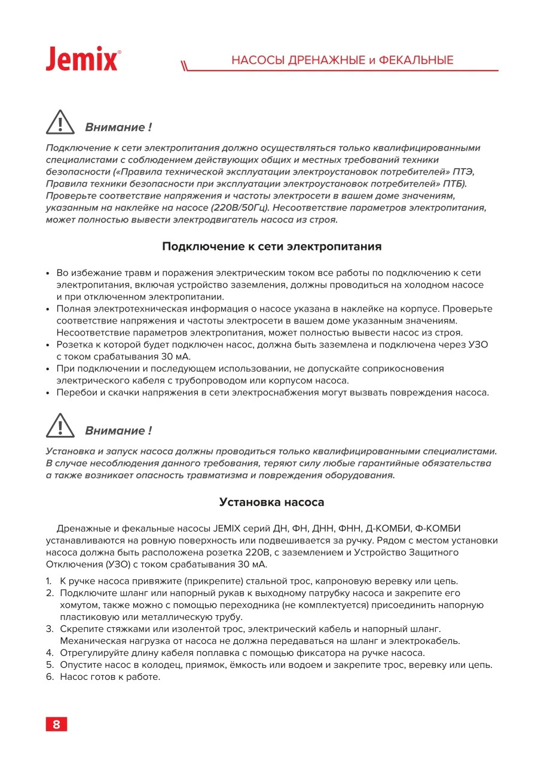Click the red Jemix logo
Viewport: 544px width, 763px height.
click(82, 59)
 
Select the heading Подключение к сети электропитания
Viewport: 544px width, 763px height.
click(272, 246)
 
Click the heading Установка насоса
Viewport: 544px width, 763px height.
click(272, 502)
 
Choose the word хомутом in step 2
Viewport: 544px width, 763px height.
click(78, 605)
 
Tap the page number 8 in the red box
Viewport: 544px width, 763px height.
click(57, 724)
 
